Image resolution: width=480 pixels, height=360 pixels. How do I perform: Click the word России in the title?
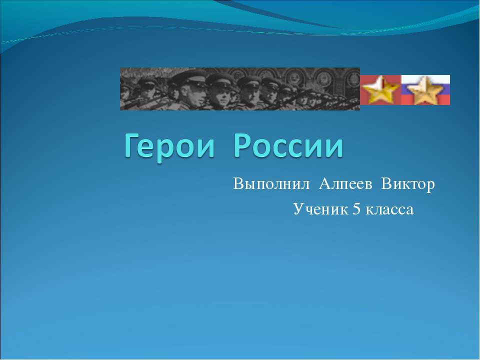(x=288, y=146)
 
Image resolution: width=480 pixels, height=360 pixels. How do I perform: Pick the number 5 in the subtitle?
(x=356, y=209)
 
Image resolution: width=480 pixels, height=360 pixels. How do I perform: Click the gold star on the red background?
(x=380, y=89)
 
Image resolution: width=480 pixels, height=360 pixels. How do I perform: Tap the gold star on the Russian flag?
(x=425, y=89)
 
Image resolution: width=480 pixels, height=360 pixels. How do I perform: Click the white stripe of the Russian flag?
(x=425, y=79)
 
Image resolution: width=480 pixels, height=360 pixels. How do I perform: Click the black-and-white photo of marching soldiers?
(x=240, y=89)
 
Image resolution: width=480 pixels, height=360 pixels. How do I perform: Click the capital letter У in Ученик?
(x=298, y=209)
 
